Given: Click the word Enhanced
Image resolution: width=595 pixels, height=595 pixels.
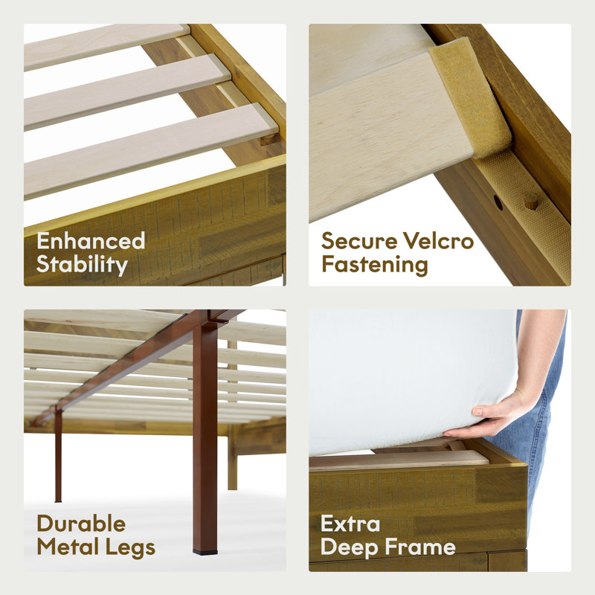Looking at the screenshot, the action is tap(91, 240).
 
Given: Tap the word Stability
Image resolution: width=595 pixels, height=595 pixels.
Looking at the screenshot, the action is tap(83, 265).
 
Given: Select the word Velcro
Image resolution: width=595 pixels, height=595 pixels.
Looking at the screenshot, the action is tap(438, 240).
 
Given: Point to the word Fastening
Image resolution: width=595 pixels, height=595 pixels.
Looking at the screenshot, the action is tap(375, 265).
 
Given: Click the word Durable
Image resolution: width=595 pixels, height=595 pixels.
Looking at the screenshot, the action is tap(81, 524).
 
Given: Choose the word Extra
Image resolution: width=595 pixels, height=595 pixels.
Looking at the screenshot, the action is tap(350, 524).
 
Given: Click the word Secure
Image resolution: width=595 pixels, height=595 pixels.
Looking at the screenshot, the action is tap(359, 240).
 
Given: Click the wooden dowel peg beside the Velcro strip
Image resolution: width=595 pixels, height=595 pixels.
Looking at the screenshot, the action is tap(532, 201).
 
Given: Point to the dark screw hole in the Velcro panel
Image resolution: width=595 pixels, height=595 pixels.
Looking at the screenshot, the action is tap(498, 202).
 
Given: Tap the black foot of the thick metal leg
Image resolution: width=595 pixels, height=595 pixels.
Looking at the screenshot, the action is tap(205, 552).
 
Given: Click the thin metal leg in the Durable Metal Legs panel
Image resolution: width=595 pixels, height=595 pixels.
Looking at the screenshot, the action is tap(58, 455).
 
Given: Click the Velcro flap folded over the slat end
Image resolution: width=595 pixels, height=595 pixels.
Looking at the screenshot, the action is tap(472, 97).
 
